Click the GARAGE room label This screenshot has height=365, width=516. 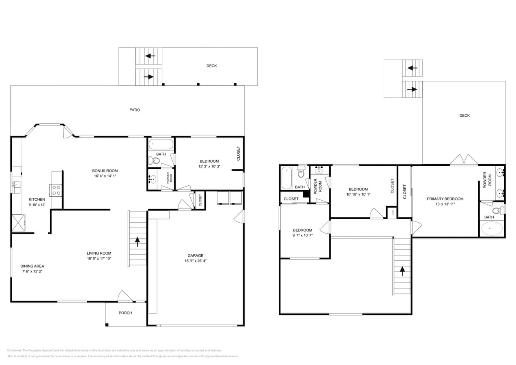pyautogui.click(x=196, y=255)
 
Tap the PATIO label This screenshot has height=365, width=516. pyautogui.click(x=135, y=110)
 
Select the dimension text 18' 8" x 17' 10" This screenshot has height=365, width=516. pyautogui.click(x=99, y=258)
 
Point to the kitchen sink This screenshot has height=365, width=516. pyautogui.click(x=16, y=187)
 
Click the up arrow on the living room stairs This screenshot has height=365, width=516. pyautogui.click(x=138, y=242)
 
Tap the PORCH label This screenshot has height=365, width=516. pyautogui.click(x=125, y=313)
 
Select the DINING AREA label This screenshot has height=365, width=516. pyautogui.click(x=32, y=266)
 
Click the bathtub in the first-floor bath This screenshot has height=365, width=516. pyautogui.click(x=161, y=144)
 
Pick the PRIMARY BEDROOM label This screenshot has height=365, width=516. pyautogui.click(x=445, y=199)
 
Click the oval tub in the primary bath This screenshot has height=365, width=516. pyautogui.click(x=492, y=229)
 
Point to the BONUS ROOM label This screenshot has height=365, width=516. pyautogui.click(x=105, y=171)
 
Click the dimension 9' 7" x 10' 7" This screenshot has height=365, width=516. pyautogui.click(x=303, y=235)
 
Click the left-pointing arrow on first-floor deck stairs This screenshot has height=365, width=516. pyautogui.click(x=150, y=56)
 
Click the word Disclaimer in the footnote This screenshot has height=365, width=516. pyautogui.click(x=15, y=350)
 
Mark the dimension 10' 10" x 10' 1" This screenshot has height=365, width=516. pyautogui.click(x=358, y=194)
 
